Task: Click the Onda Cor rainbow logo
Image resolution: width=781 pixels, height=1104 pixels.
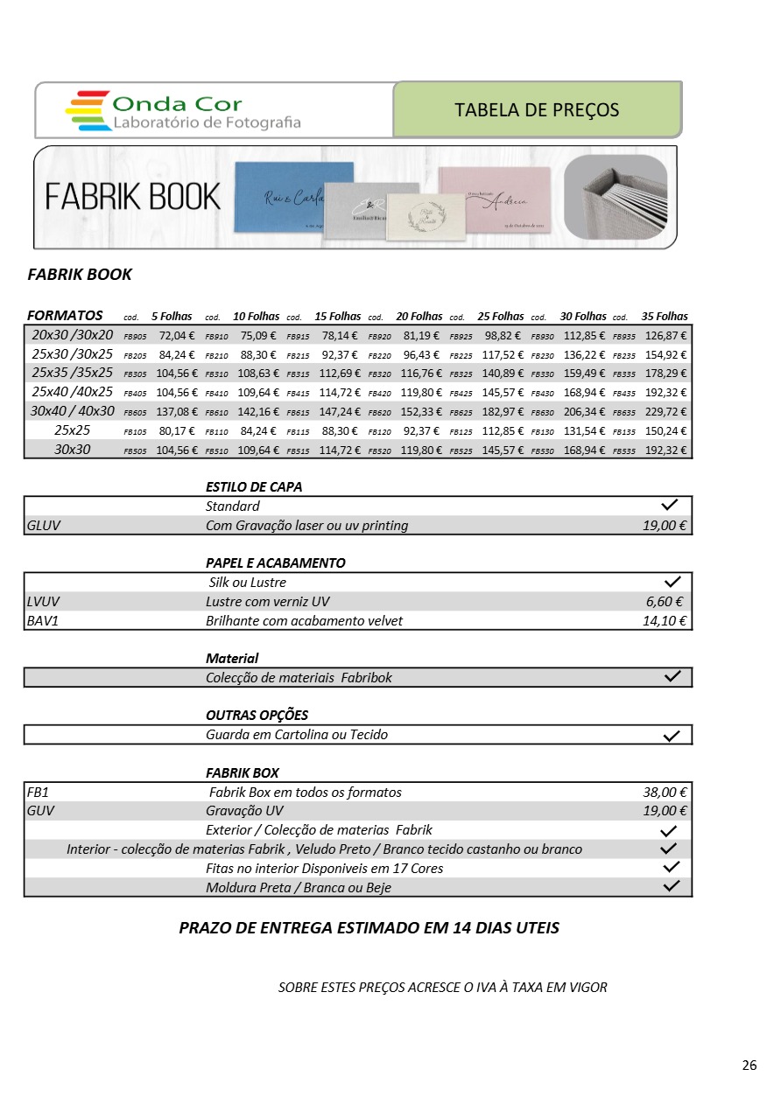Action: (88, 110)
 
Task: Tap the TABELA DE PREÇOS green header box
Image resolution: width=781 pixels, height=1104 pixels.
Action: (537, 110)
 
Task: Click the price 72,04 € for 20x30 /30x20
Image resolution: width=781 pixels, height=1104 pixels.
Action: (176, 335)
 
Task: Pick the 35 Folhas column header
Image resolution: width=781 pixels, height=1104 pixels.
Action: (665, 317)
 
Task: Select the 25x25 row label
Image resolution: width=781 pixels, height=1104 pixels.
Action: (73, 430)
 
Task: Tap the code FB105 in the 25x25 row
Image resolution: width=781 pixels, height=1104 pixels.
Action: (135, 432)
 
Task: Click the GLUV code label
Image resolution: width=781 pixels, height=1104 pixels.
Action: (44, 526)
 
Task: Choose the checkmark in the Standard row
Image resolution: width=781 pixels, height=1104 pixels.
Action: (672, 506)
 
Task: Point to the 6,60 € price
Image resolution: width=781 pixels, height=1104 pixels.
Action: (664, 601)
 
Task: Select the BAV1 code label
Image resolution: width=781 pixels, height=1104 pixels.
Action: (43, 621)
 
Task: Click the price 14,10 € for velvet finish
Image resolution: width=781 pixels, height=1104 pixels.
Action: (664, 621)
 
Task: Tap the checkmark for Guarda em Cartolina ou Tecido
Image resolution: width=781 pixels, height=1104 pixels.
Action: (672, 736)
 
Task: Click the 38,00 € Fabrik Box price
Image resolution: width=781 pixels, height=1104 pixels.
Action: (665, 793)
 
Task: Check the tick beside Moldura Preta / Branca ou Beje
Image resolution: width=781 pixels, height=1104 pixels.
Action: (672, 886)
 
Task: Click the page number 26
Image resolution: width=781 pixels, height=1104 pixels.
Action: (749, 1066)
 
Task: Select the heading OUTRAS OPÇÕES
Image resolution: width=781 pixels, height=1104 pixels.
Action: (257, 716)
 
